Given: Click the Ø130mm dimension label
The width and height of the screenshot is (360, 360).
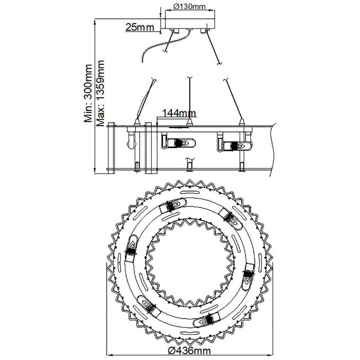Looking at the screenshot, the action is pyautogui.click(x=189, y=6).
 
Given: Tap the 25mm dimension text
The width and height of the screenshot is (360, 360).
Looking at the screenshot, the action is pyautogui.click(x=140, y=27).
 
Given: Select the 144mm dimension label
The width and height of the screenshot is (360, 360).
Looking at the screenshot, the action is pyautogui.click(x=179, y=113).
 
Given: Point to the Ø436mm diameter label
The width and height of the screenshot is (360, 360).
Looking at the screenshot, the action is pyautogui.click(x=189, y=351).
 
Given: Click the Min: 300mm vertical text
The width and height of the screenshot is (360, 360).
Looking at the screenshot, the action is pyautogui.click(x=88, y=93).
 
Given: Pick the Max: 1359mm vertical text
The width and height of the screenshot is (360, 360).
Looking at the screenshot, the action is pyautogui.click(x=100, y=93).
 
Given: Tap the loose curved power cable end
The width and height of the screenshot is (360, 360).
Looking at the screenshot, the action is pyautogui.click(x=143, y=60).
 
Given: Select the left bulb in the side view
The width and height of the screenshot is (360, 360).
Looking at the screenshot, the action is pyautogui.click(x=179, y=143).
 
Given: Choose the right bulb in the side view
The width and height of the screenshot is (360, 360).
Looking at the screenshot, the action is pyautogui.click(x=234, y=145).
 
